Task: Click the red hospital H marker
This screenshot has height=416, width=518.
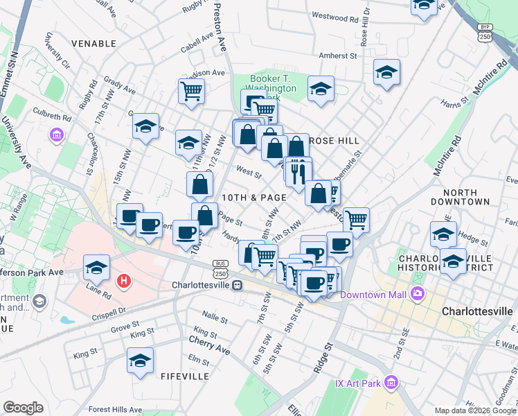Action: pyautogui.click(x=124, y=281)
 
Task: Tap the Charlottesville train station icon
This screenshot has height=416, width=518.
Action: pyautogui.click(x=237, y=285)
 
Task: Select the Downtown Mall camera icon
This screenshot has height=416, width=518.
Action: pyautogui.click(x=416, y=293)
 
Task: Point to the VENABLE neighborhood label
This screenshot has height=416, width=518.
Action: pyautogui.click(x=93, y=44)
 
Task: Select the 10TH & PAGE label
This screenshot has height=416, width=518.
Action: pyautogui.click(x=254, y=198)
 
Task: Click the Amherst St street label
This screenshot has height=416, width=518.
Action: pyautogui.click(x=337, y=55)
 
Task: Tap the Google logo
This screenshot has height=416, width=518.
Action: pyautogui.click(x=24, y=408)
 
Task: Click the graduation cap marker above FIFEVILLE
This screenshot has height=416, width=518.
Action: pyautogui.click(x=140, y=361)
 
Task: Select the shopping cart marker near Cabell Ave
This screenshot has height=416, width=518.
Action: pyautogui.click(x=191, y=89)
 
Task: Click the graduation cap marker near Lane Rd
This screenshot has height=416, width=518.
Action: pyautogui.click(x=97, y=267)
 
